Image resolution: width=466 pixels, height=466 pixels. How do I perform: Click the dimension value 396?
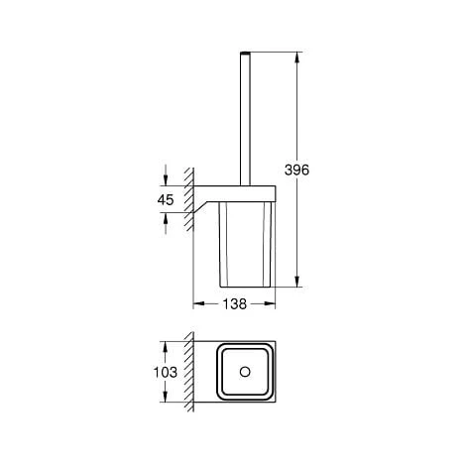(x=298, y=170)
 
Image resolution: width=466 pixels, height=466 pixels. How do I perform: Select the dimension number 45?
(x=166, y=199)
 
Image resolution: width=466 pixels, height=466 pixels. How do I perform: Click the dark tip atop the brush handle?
(x=244, y=48)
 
